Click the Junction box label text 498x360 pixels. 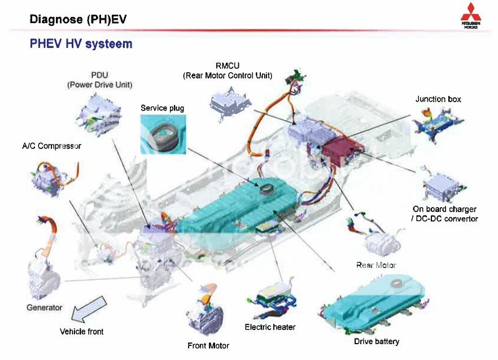(438, 99)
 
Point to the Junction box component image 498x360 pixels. (439, 121)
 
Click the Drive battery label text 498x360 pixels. (377, 341)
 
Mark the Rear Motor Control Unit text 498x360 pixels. (228, 76)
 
